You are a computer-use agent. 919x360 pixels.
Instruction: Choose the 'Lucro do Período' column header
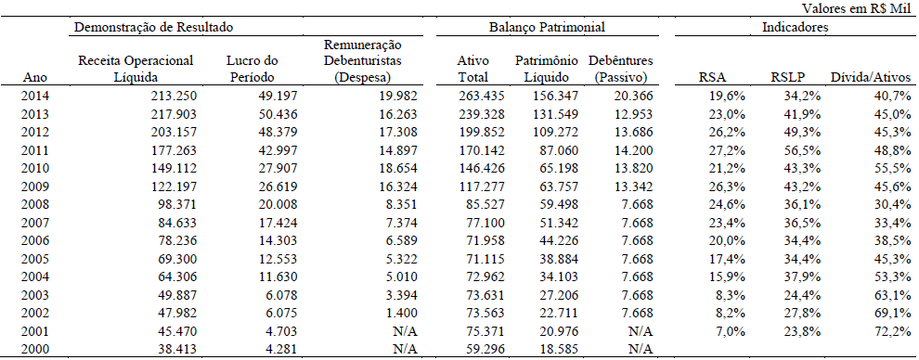pos(252,68)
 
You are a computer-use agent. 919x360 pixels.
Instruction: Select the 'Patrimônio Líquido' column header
pos(547,68)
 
